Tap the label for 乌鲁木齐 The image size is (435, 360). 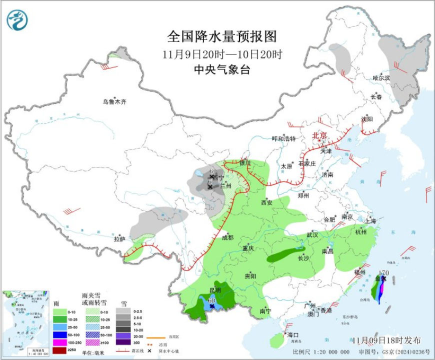114,102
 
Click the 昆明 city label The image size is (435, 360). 215,290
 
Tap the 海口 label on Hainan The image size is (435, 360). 292,334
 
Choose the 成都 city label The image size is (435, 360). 227,237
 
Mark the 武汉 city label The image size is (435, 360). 312,235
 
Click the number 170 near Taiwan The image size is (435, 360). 384,273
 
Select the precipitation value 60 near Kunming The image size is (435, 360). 211,301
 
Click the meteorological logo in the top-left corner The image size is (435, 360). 17,20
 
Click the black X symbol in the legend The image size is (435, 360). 149,351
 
